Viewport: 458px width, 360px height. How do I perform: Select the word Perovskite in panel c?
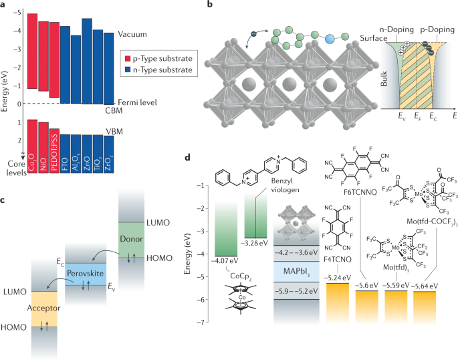(x=88, y=275)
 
